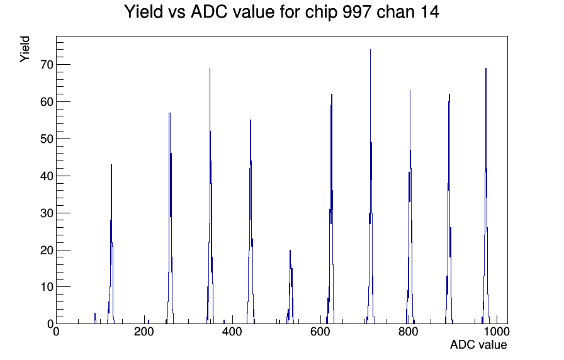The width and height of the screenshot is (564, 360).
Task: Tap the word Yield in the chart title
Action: coord(144,12)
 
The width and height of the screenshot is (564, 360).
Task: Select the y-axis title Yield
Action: coord(25,49)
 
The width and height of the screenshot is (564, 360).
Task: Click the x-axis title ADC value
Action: coord(478,344)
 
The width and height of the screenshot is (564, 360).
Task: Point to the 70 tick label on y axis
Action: coord(47,65)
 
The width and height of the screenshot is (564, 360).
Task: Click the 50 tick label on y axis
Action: coord(47,139)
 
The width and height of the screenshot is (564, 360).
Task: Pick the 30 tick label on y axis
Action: coord(47,213)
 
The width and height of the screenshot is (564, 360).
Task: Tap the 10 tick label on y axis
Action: coord(47,287)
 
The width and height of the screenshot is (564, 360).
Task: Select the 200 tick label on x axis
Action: coord(144,331)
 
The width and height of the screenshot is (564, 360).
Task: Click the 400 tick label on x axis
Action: coord(232,331)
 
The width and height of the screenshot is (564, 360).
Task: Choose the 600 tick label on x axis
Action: coord(320,331)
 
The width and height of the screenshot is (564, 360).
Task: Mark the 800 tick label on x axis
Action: coord(409,331)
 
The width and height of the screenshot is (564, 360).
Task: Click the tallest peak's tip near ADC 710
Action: coord(370,50)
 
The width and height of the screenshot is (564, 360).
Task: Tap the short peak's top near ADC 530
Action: coord(290,250)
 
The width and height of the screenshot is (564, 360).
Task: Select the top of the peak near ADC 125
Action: coord(111,165)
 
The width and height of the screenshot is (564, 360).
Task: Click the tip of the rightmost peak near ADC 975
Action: coord(485,69)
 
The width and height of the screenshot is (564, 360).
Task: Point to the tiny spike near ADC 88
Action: coord(95,313)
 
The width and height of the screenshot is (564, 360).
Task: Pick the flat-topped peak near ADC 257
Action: coord(169,113)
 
